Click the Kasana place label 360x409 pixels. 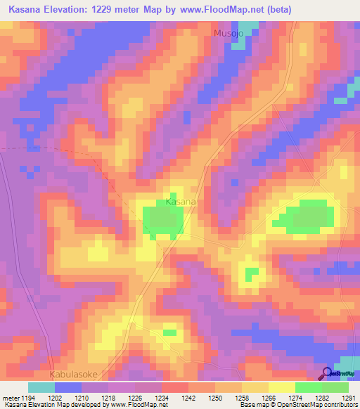pos(180,202)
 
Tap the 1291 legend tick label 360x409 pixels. pos(346,397)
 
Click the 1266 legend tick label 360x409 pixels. pos(271,397)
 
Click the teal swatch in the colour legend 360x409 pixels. pos(41,387)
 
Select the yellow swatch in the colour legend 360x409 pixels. pos(282,387)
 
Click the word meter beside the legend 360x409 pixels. pos(11,397)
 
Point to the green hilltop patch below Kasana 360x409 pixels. pos(164,221)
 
